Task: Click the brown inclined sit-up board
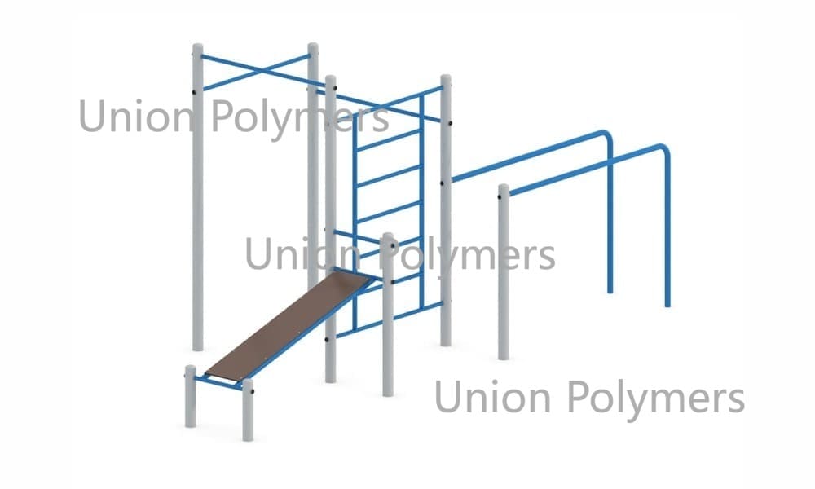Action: (289, 325)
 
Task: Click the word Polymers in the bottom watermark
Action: (655, 398)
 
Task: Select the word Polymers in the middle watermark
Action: (467, 254)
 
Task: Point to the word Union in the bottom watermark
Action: (492, 397)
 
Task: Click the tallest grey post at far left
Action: (197, 197)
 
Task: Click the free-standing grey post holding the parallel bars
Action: (503, 271)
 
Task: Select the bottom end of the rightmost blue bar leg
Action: (668, 305)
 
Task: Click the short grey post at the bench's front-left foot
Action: (191, 397)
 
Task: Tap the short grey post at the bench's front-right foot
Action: (248, 410)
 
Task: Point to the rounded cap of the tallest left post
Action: (197, 47)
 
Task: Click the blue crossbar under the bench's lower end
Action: (218, 382)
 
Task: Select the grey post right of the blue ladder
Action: (446, 210)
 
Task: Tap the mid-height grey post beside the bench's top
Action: (388, 315)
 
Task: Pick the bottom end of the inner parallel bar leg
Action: (610, 291)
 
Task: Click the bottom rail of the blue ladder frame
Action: (390, 319)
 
